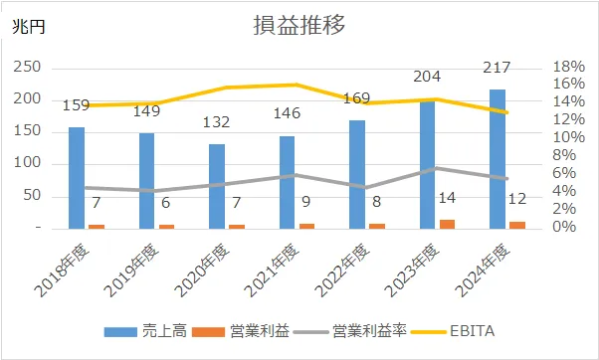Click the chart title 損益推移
tap(299, 27)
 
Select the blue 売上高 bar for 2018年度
tap(77, 178)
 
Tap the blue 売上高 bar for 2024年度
tap(497, 159)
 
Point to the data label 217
tap(497, 69)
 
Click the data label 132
tap(217, 122)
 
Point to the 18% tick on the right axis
tap(566, 67)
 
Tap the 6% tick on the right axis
tap(562, 174)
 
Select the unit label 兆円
tap(28, 28)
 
